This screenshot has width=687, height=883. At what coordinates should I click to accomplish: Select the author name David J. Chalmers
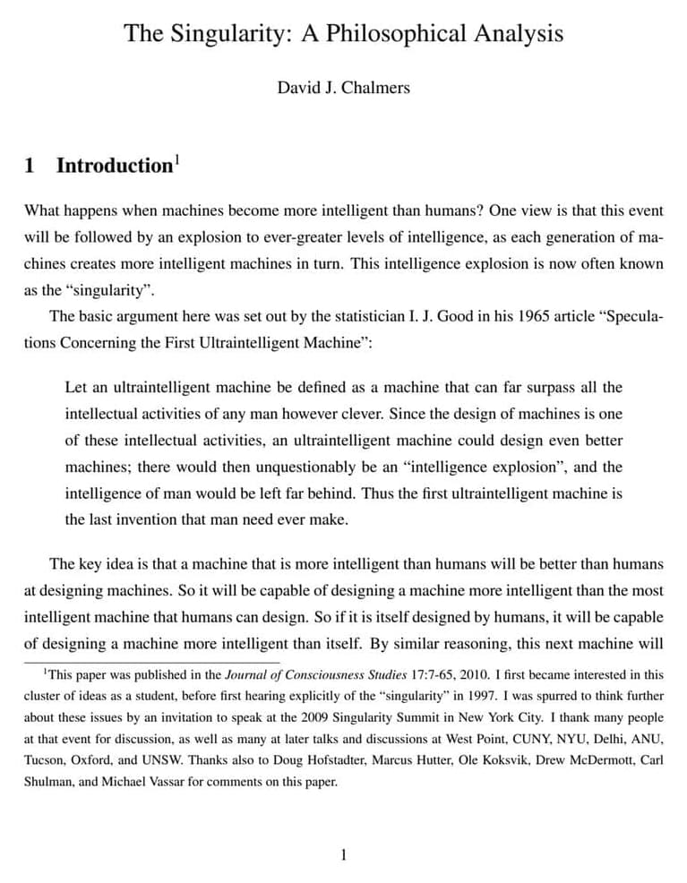tap(343, 88)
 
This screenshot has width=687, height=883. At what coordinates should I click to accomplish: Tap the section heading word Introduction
tap(114, 166)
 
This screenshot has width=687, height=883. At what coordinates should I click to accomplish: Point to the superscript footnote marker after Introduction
tap(177, 159)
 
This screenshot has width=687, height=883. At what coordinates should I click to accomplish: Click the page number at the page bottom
tap(343, 854)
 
